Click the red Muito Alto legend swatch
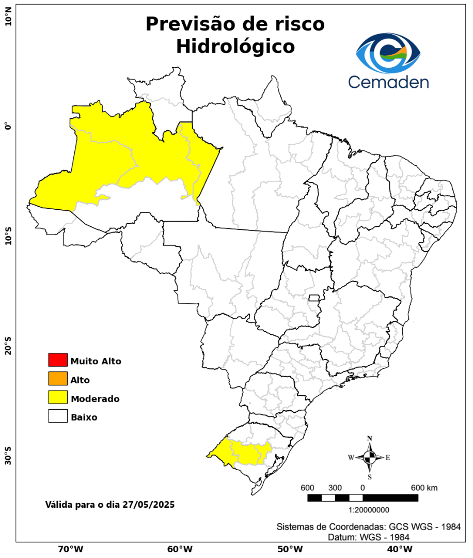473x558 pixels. pyautogui.click(x=58, y=360)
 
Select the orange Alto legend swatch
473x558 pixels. pyautogui.click(x=58, y=379)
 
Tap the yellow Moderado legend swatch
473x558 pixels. pyautogui.click(x=58, y=398)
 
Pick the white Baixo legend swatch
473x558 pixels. pyautogui.click(x=58, y=416)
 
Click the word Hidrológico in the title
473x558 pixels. pyautogui.click(x=235, y=47)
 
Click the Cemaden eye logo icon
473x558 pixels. pyautogui.click(x=388, y=53)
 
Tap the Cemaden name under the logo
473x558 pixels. pyautogui.click(x=388, y=82)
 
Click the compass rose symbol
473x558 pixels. pyautogui.click(x=370, y=457)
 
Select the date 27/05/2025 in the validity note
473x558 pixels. pyautogui.click(x=148, y=504)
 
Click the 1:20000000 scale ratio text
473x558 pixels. pyautogui.click(x=369, y=510)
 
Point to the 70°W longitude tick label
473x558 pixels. pyautogui.click(x=70, y=549)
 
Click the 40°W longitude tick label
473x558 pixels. pyautogui.click(x=398, y=549)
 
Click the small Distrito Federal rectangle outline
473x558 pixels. pyautogui.click(x=314, y=298)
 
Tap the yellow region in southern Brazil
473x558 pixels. pyautogui.click(x=243, y=452)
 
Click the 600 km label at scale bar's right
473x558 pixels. pyautogui.click(x=424, y=488)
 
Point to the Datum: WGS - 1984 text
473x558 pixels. pyautogui.click(x=369, y=537)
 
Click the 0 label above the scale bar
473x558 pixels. pyautogui.click(x=362, y=488)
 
